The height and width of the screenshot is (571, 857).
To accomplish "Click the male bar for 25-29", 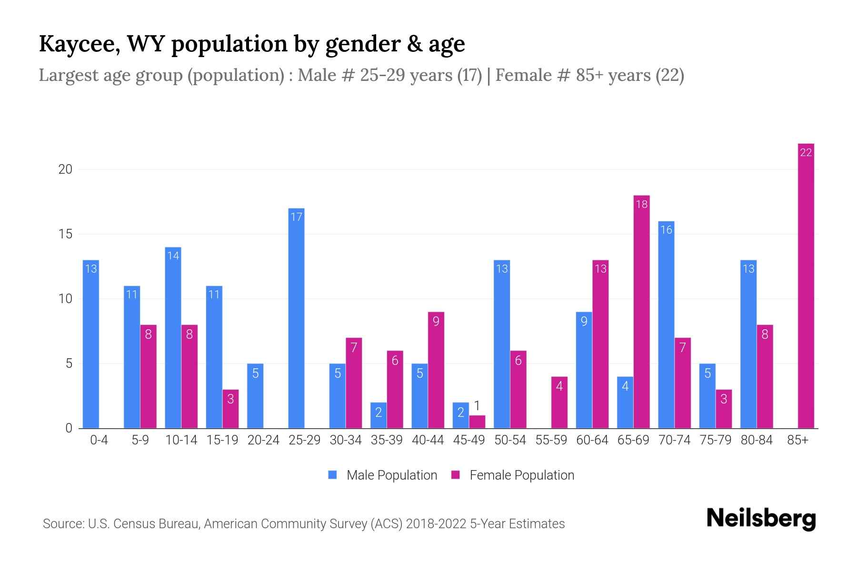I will point(296,319).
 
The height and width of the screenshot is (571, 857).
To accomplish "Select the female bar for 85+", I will point(806,285).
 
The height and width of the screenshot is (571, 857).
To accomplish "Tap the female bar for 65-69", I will point(641,312).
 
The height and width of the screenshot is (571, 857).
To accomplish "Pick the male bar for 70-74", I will point(666,325).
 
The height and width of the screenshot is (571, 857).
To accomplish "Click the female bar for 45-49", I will point(477,422).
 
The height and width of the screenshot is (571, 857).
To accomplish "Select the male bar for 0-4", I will point(90,344).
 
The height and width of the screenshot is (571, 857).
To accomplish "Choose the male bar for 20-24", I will point(255,396).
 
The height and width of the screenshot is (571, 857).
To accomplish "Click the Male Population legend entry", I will point(382,475).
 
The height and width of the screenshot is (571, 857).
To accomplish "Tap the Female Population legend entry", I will point(513,475).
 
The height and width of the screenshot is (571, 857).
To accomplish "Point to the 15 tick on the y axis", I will point(65,234).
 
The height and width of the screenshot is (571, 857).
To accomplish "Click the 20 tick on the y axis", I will point(65,169).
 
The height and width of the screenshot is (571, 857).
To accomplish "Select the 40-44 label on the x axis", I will point(428,440).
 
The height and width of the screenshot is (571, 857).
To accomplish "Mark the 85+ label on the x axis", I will point(797,440).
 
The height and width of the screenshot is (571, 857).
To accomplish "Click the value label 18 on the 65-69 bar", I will point(641,204).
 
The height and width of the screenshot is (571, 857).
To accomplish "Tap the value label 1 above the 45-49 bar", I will point(477,406).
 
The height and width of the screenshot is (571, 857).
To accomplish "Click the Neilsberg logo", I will point(761,519).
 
